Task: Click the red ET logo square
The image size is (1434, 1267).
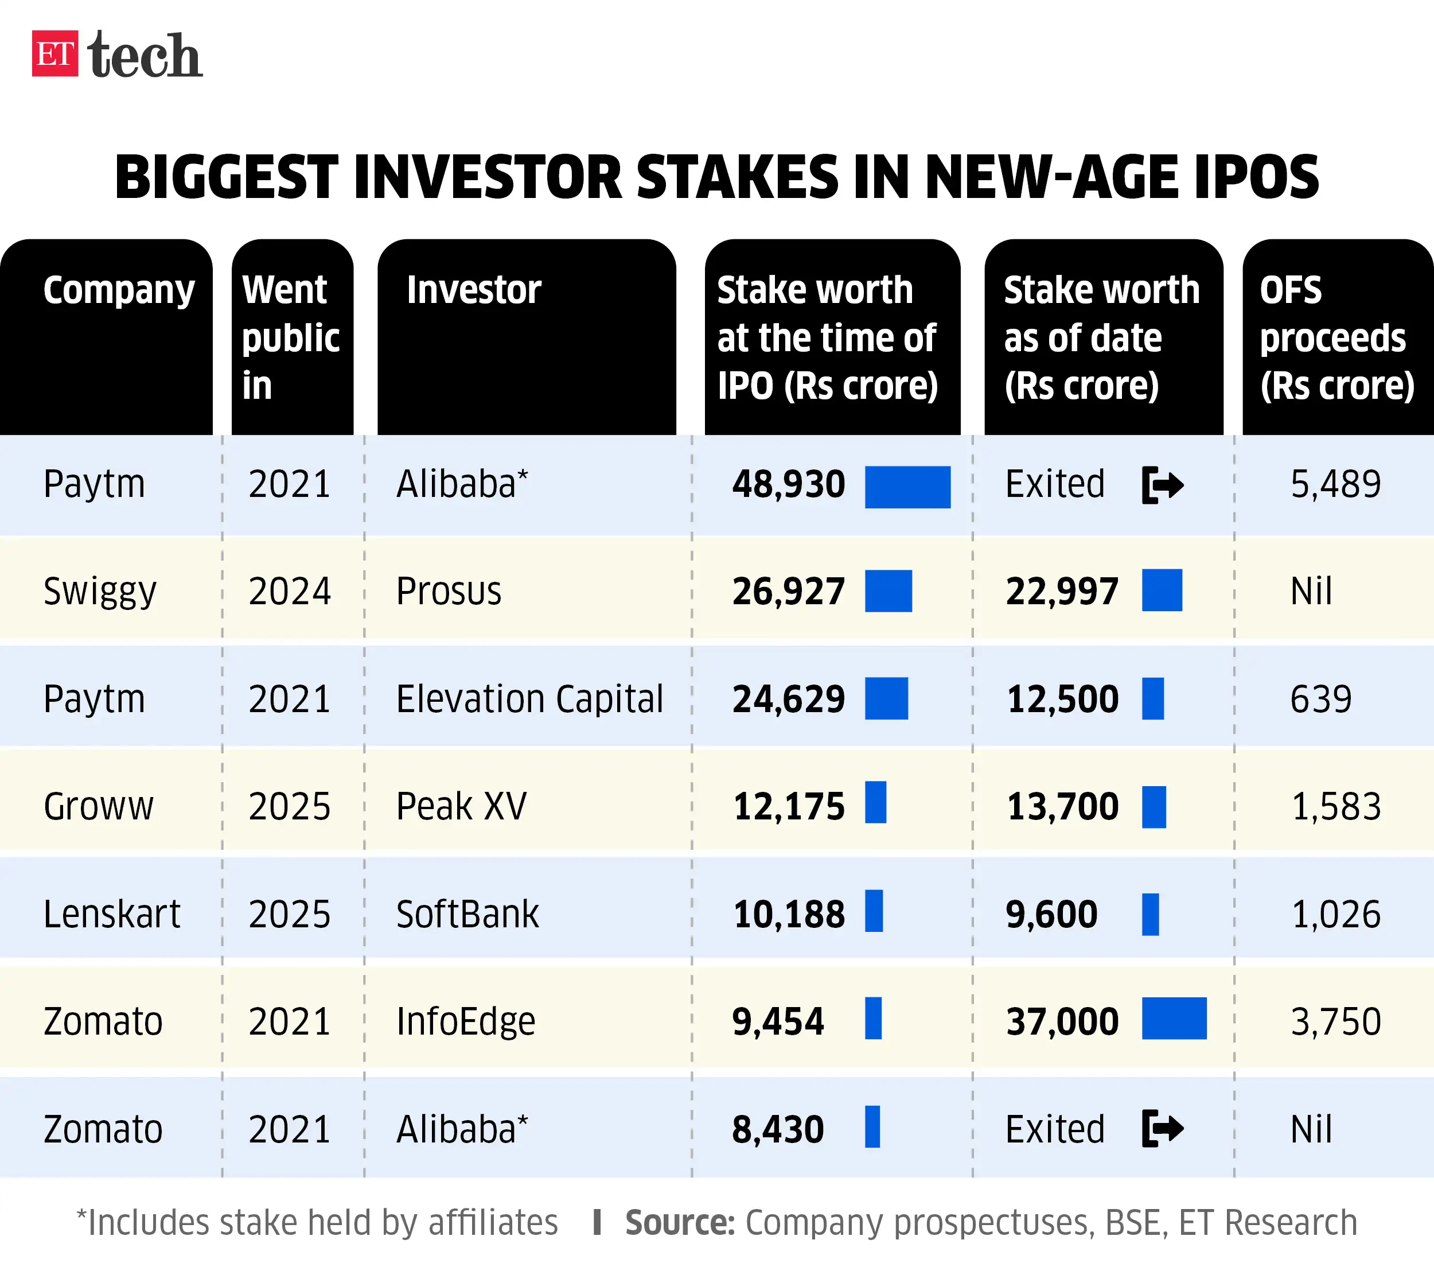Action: point(54,53)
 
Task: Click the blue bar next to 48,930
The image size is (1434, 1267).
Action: point(907,487)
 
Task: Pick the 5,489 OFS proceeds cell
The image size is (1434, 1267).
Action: point(1335,484)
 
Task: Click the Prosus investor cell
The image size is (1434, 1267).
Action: point(449,591)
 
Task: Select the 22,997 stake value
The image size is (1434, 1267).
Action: point(1062,591)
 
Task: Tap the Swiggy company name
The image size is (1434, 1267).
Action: point(100,591)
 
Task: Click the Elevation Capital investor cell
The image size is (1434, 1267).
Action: point(529,699)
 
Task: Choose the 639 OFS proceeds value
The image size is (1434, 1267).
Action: point(1320,699)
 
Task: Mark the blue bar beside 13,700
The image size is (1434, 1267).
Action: point(1154,807)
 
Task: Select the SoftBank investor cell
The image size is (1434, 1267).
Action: point(467,914)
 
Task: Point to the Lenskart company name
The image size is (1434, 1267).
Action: point(111,914)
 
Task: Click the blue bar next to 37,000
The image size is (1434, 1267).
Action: point(1174,1018)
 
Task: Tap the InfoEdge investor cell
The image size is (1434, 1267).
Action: point(466,1021)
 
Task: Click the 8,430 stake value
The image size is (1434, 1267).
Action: point(777,1129)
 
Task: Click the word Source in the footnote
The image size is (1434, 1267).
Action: point(679,1223)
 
